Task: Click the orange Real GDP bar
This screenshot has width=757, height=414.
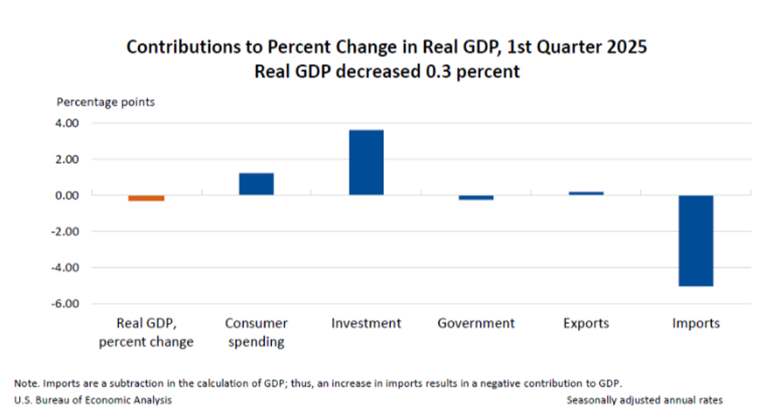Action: pyautogui.click(x=146, y=198)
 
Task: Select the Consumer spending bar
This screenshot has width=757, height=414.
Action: pyautogui.click(x=256, y=184)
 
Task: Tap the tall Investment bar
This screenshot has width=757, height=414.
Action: pyautogui.click(x=366, y=162)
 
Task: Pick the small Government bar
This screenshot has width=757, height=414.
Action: pyautogui.click(x=476, y=197)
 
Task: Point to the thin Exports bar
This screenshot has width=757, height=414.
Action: pyautogui.click(x=586, y=194)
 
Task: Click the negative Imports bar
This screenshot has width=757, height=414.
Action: pyautogui.click(x=695, y=240)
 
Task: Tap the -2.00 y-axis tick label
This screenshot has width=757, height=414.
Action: pyautogui.click(x=65, y=231)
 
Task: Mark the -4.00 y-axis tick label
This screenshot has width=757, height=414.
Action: pyautogui.click(x=65, y=268)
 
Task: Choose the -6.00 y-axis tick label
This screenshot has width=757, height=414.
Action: pyautogui.click(x=65, y=303)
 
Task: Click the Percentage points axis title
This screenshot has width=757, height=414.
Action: pyautogui.click(x=105, y=101)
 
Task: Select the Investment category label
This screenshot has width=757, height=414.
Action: pyautogui.click(x=366, y=323)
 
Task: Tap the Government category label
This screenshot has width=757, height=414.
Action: pyautogui.click(x=476, y=323)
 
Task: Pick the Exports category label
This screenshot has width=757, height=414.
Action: pyautogui.click(x=586, y=323)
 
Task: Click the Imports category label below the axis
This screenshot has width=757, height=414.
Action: pyautogui.click(x=695, y=323)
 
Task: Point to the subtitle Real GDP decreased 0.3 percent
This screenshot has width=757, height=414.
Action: pyautogui.click(x=386, y=72)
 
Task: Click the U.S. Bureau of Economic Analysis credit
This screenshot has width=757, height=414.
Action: pyautogui.click(x=93, y=400)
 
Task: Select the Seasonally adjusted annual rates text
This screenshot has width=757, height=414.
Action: pyautogui.click(x=644, y=400)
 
